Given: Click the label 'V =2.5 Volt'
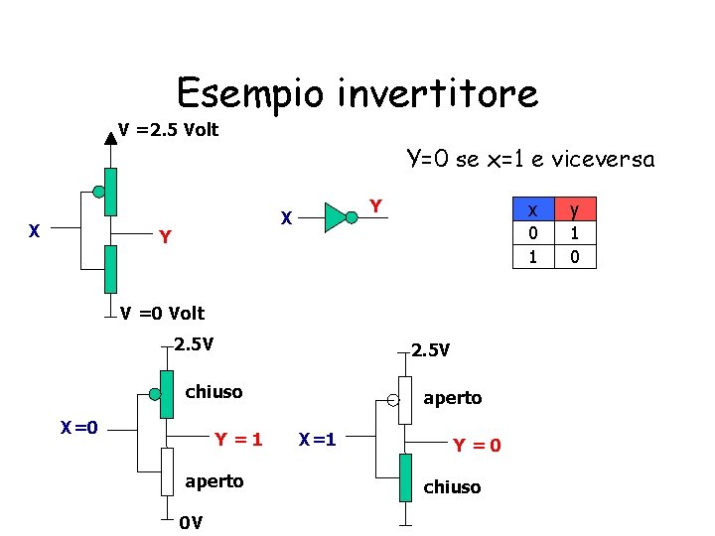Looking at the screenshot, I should pyautogui.click(x=168, y=130).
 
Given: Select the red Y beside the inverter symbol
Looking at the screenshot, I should pyautogui.click(x=375, y=205).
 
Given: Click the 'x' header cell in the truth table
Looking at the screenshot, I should pyautogui.click(x=533, y=209).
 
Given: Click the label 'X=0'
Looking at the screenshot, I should pyautogui.click(x=78, y=428).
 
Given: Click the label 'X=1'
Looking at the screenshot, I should pyautogui.click(x=318, y=438).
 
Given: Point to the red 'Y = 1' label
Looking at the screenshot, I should pyautogui.click(x=238, y=438).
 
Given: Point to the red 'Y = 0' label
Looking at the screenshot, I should pyautogui.click(x=477, y=446).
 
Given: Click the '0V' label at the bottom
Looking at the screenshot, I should pyautogui.click(x=191, y=523).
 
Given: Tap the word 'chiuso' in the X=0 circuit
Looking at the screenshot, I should pyautogui.click(x=214, y=392).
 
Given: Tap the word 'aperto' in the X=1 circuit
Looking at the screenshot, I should pyautogui.click(x=452, y=398).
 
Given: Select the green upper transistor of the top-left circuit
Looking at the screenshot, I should pyautogui.click(x=110, y=192).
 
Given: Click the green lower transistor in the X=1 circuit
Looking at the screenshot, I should pyautogui.click(x=404, y=477).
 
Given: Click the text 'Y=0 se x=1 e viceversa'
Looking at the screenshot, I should pyautogui.click(x=530, y=159).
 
